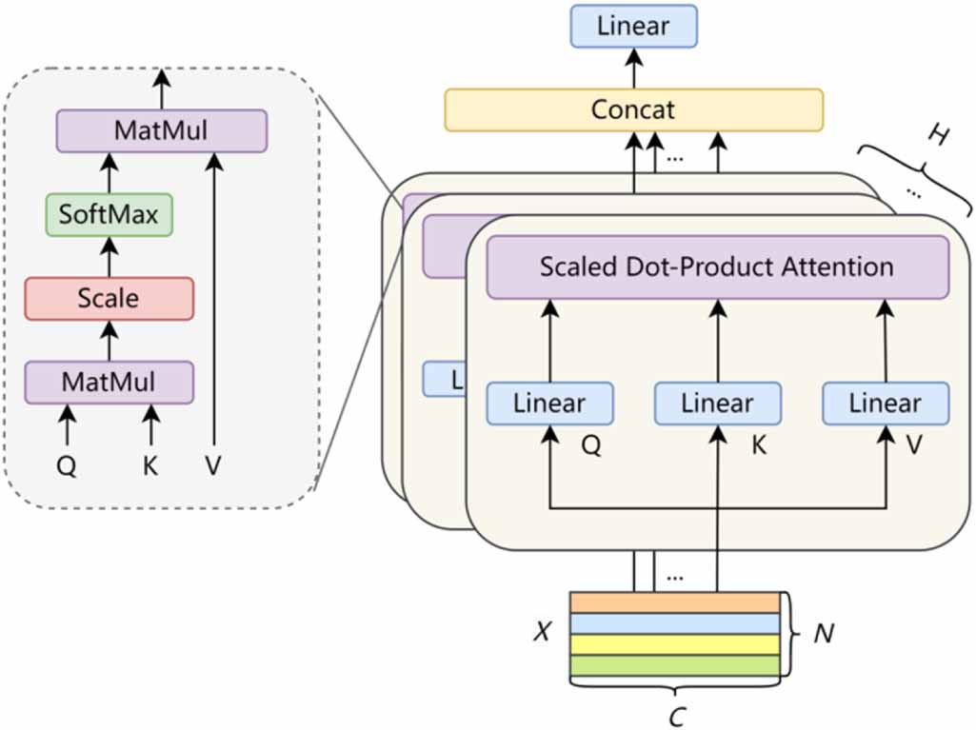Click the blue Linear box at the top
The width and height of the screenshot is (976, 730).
pos(633,26)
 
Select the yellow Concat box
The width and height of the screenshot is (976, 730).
pos(633,109)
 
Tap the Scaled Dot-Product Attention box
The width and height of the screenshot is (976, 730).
pos(717,266)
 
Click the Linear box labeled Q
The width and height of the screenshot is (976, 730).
pos(549,403)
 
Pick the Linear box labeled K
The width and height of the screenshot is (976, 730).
pos(717,403)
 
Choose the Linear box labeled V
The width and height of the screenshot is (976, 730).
pos(886,403)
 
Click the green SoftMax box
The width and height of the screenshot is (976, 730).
pos(109,214)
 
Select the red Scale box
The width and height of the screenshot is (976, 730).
pos(109,298)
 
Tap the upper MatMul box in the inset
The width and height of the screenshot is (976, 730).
pos(161,130)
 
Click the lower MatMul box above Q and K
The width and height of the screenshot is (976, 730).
pos(109,382)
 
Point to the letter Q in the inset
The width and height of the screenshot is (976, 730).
pos(67,465)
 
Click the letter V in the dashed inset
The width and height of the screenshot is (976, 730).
pos(212,465)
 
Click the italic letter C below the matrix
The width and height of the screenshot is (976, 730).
pos(676,717)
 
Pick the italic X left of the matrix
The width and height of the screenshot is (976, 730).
pos(542,632)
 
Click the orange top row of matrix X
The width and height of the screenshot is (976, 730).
pos(674,602)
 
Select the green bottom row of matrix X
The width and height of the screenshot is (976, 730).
pos(674,664)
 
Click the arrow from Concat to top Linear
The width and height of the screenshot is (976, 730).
pos(633,69)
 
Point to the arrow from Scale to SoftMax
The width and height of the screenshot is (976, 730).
pos(109,256)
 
